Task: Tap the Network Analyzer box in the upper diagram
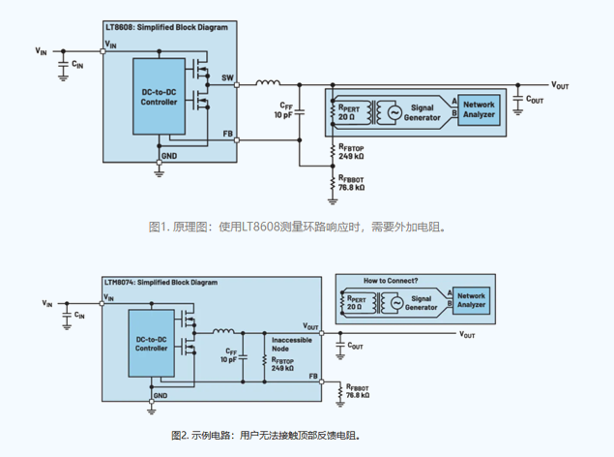tap(479, 109)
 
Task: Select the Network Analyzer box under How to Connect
tap(471, 299)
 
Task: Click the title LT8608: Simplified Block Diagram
tap(165, 28)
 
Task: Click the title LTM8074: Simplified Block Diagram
tap(160, 282)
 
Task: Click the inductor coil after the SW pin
tap(269, 85)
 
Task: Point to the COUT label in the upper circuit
tap(535, 100)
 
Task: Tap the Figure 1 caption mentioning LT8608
tap(301, 227)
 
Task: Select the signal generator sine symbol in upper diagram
tap(395, 113)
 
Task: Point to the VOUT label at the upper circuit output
tap(560, 85)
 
